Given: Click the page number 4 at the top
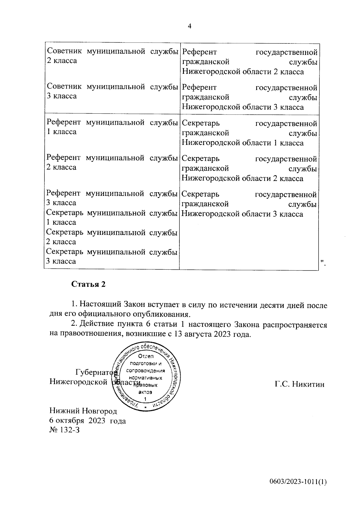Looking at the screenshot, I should point(189,26).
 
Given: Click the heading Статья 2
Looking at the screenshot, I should point(88,284).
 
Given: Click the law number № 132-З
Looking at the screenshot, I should point(64,430).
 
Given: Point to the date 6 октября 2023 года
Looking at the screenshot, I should point(87,421).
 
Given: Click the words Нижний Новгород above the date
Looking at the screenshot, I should point(83,411).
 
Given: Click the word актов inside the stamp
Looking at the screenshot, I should point(145,392).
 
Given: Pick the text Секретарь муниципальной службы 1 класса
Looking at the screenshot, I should point(111,218).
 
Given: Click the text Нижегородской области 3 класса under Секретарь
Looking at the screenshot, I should point(242,214).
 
